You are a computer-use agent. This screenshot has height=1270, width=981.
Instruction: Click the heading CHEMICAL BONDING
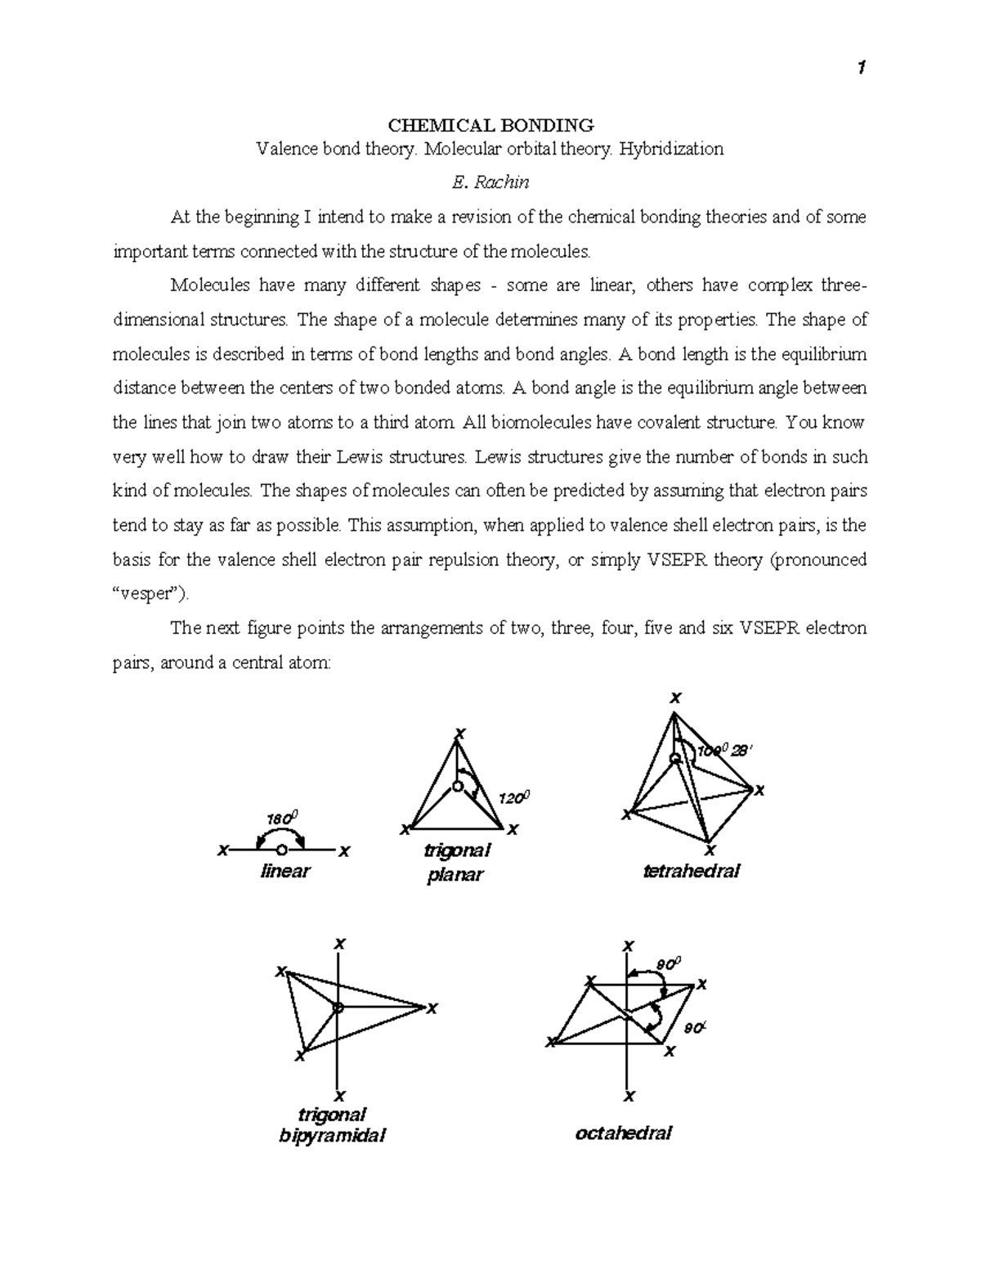click(490, 125)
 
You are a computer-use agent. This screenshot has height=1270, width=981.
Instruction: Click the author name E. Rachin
click(490, 182)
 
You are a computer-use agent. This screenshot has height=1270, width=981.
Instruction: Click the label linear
click(284, 871)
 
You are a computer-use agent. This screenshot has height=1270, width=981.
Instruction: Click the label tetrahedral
click(692, 871)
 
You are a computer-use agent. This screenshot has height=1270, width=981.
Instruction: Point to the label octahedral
click(624, 1133)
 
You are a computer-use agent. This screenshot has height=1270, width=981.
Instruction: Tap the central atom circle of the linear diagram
click(282, 850)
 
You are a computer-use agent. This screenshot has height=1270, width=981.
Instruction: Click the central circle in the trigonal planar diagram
click(458, 787)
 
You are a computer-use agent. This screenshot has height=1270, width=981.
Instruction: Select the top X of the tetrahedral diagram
click(674, 698)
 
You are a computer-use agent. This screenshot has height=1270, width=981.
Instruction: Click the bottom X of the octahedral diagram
click(629, 1096)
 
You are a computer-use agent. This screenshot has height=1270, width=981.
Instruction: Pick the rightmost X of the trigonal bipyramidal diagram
click(432, 1007)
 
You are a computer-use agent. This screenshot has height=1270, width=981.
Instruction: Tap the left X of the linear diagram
click(221, 850)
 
